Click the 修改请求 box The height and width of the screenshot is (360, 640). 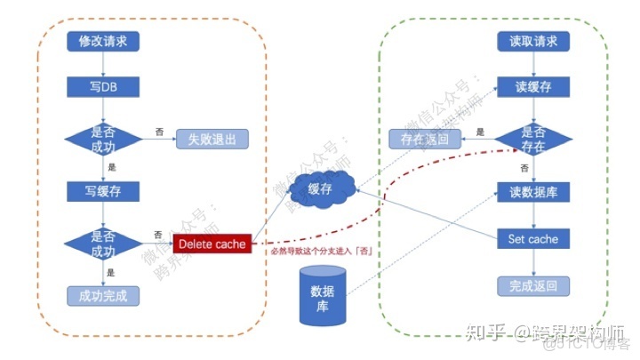[x=103, y=42]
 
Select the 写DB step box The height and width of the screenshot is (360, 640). [x=103, y=86]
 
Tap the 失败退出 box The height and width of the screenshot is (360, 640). [x=212, y=139]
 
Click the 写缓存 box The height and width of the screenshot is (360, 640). [x=103, y=190]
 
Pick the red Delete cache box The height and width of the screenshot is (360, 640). [x=212, y=243]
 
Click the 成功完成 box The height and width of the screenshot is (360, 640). [x=103, y=294]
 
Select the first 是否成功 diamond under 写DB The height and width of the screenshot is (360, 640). [x=103, y=139]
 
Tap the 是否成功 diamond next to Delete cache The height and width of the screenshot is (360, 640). [x=103, y=242]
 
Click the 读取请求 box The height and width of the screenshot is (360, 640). [x=532, y=42]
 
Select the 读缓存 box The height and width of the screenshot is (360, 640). [x=532, y=86]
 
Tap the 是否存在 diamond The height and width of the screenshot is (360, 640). [x=532, y=139]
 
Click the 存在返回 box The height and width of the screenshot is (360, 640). [x=425, y=139]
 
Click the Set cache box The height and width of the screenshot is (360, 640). [x=532, y=239]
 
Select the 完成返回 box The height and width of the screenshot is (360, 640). [x=532, y=286]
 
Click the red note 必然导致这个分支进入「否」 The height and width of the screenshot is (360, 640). [x=321, y=252]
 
